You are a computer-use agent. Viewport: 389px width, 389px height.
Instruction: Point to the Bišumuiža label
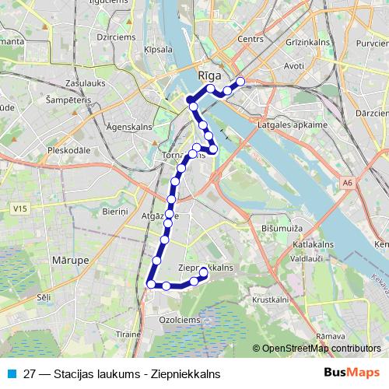click(x=285, y=229)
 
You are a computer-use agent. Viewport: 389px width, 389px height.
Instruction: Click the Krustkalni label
click(x=271, y=299)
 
